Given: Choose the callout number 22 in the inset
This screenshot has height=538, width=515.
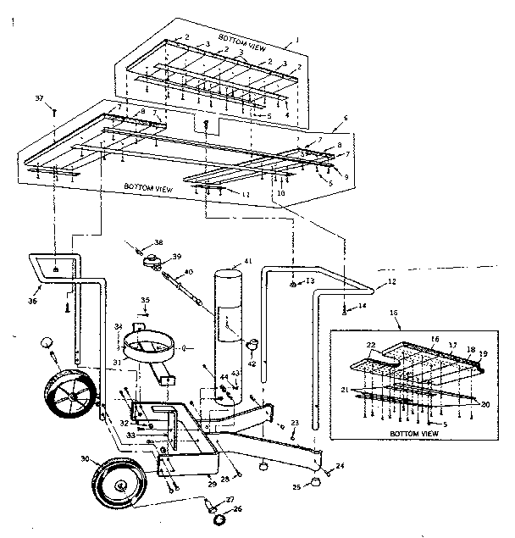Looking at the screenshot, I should click(369, 344).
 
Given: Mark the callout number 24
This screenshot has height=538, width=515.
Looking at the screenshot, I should click(341, 466).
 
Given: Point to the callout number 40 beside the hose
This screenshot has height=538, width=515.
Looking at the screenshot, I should click(188, 272).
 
